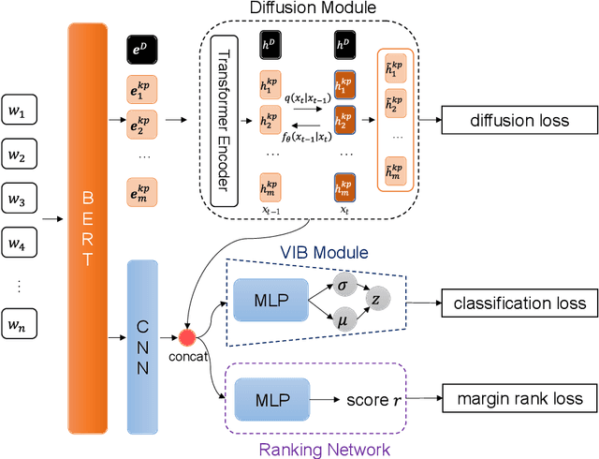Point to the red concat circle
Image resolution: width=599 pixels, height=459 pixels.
186,337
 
